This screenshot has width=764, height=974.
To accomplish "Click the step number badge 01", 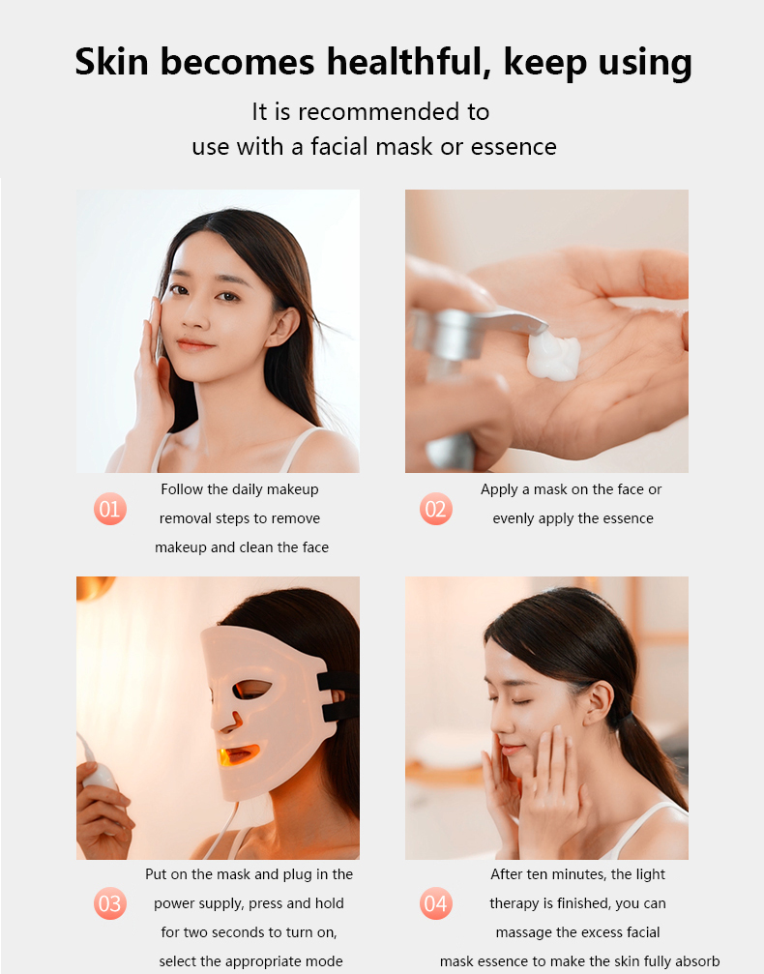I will pyautogui.click(x=110, y=509).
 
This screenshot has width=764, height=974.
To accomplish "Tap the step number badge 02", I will pyautogui.click(x=436, y=509).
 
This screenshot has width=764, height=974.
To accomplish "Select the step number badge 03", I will pyautogui.click(x=110, y=903).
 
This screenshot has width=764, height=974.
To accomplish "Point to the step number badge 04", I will pyautogui.click(x=436, y=903).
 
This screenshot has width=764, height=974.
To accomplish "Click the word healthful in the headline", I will pyautogui.click(x=410, y=63).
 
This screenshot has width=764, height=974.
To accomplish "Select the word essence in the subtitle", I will pyautogui.click(x=514, y=147).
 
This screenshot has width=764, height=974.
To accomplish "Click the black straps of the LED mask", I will pyautogui.click(x=338, y=696).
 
